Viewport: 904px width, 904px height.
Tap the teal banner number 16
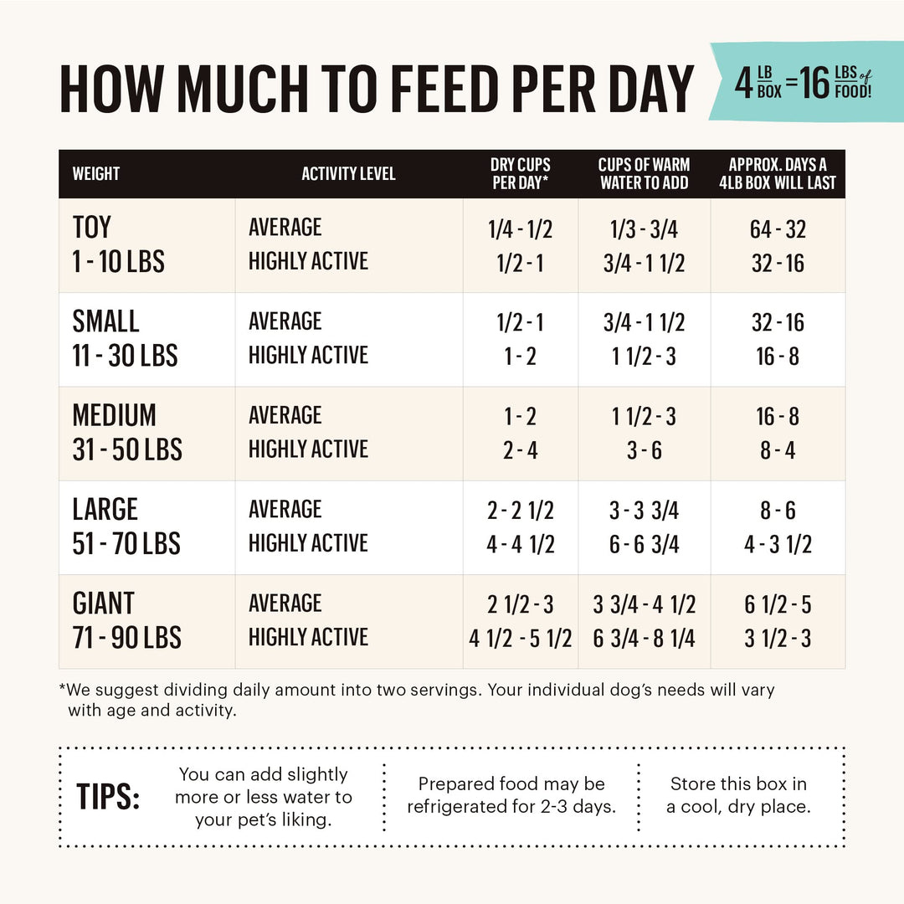click(x=814, y=85)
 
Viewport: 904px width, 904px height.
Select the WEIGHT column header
click(x=96, y=174)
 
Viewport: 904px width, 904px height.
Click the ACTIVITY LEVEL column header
click(x=348, y=174)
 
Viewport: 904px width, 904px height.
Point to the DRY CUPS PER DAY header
click(x=520, y=174)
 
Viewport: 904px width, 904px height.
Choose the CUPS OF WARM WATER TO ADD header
click(x=644, y=174)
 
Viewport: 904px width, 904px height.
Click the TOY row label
click(x=91, y=228)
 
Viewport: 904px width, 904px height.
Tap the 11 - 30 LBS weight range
click(x=125, y=356)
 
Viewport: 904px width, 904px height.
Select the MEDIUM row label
click(x=114, y=416)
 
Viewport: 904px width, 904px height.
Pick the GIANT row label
click(x=103, y=604)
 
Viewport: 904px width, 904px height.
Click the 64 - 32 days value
click(x=778, y=229)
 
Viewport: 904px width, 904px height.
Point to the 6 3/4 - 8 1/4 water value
click(x=644, y=639)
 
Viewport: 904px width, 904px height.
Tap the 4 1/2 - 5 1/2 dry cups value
click(x=520, y=639)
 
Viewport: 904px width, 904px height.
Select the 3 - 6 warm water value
click(x=644, y=450)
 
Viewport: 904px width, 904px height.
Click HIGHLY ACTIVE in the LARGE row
click(x=308, y=543)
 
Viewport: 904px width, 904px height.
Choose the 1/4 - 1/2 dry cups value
click(x=520, y=229)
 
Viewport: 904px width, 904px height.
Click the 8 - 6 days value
click(x=778, y=511)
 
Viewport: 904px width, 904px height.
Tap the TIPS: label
click(x=108, y=797)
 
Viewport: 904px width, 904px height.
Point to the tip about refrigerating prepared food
click(x=511, y=795)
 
